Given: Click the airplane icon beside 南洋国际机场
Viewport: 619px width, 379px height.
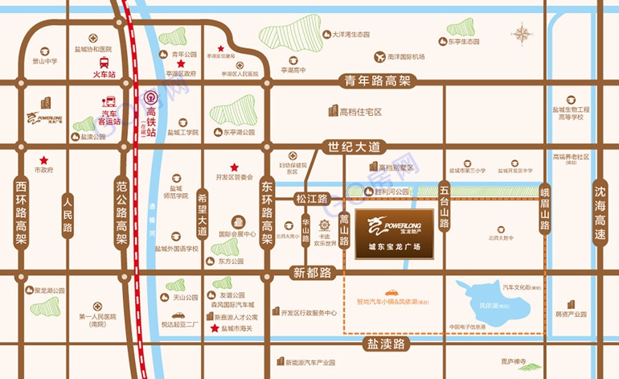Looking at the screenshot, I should click(x=377, y=56).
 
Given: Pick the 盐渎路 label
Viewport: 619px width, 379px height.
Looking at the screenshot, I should click(x=383, y=344).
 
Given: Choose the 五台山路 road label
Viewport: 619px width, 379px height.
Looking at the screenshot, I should click(x=444, y=208).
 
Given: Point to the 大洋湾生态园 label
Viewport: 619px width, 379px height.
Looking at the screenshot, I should click(x=345, y=35).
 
